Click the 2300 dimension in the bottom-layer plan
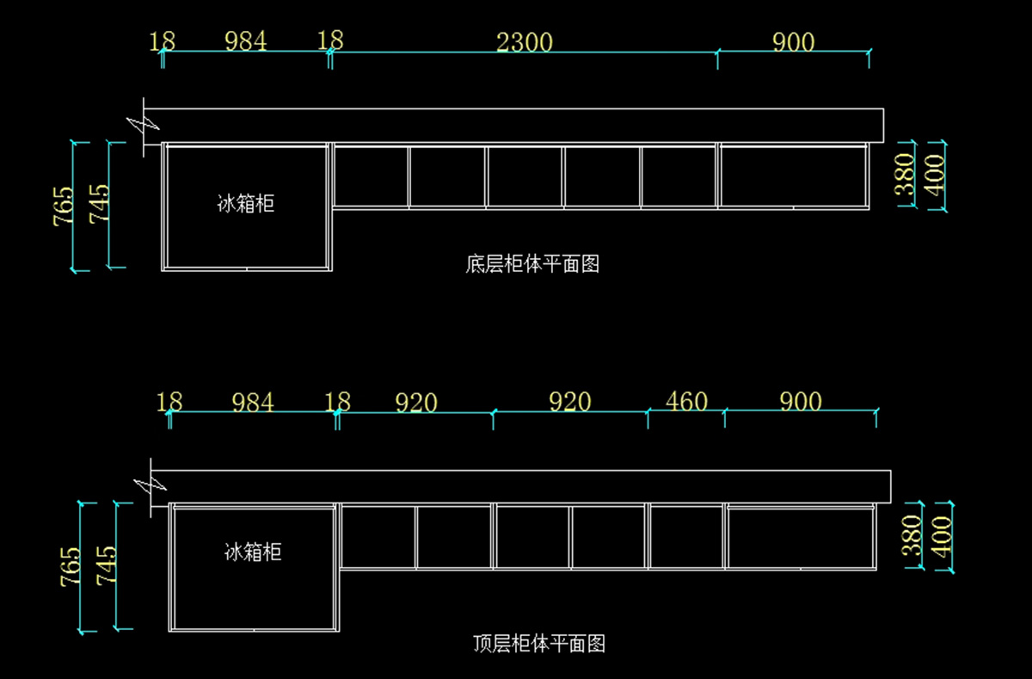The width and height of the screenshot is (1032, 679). point(525,41)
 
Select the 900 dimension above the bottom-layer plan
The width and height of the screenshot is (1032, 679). point(793,41)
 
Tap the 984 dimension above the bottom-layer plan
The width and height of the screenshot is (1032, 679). point(246,41)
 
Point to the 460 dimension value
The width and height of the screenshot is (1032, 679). point(686,402)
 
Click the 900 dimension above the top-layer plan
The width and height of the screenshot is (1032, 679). point(801,402)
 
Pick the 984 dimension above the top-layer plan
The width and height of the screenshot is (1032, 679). point(253,402)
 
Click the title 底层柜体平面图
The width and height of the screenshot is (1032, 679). point(532,264)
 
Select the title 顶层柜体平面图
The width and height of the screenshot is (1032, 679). point(539,643)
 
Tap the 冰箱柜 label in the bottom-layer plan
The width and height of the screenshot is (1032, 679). point(246,204)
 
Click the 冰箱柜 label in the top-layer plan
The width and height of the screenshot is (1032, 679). point(253,552)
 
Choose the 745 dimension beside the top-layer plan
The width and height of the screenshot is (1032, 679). point(107,565)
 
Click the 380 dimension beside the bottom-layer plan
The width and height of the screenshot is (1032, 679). point(906,176)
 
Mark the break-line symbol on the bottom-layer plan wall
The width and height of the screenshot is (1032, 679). point(143,123)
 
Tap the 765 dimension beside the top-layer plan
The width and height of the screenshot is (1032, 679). point(71,567)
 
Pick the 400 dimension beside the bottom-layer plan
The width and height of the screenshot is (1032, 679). point(935,176)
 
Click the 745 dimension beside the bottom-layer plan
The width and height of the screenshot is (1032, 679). point(100,205)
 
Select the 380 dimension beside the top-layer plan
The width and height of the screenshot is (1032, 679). point(912,535)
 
